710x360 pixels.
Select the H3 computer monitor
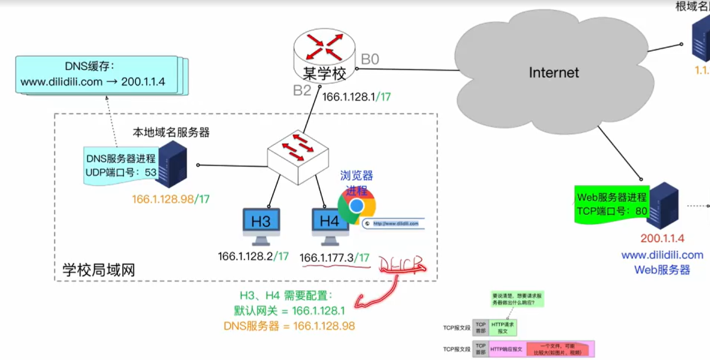pyautogui.click(x=261, y=222)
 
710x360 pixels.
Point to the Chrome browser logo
pyautogui.click(x=357, y=207)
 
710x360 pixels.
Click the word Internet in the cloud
pyautogui.click(x=554, y=72)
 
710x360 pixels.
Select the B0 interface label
pyautogui.click(x=370, y=59)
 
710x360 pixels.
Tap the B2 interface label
pyautogui.click(x=302, y=91)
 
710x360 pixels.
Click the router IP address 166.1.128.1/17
pyautogui.click(x=357, y=97)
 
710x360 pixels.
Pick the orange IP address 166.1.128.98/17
pyautogui.click(x=171, y=199)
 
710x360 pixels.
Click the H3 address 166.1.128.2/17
pyautogui.click(x=253, y=256)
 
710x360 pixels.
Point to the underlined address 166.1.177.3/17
pyautogui.click(x=335, y=258)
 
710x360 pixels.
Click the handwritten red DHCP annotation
pyautogui.click(x=402, y=264)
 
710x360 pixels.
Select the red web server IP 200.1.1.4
pyautogui.click(x=662, y=239)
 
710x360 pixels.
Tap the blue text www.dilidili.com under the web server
pyautogui.click(x=662, y=255)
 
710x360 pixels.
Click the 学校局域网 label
pyautogui.click(x=99, y=270)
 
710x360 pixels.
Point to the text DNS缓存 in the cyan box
pyautogui.click(x=89, y=67)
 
